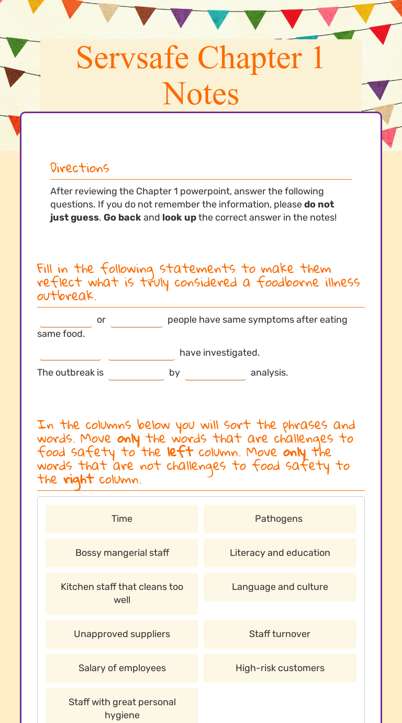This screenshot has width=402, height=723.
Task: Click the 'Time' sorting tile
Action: pyautogui.click(x=122, y=519)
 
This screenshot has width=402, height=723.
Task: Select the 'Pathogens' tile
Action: pyautogui.click(x=280, y=519)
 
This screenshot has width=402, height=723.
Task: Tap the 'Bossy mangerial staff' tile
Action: pyautogui.click(x=122, y=553)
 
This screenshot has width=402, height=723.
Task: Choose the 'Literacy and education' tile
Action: pyautogui.click(x=280, y=553)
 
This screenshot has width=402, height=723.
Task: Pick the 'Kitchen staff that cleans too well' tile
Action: pyautogui.click(x=122, y=593)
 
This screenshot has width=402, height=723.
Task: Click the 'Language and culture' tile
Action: pyautogui.click(x=280, y=587)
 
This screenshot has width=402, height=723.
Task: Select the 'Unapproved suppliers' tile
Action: pyautogui.click(x=122, y=634)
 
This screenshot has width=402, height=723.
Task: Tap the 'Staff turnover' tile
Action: pyautogui.click(x=280, y=634)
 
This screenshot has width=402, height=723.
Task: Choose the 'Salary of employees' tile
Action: pyautogui.click(x=122, y=668)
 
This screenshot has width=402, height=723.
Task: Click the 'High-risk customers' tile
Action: pyautogui.click(x=280, y=668)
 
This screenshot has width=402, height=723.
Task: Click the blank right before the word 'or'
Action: pyautogui.click(x=66, y=320)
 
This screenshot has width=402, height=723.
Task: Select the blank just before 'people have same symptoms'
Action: pyautogui.click(x=137, y=320)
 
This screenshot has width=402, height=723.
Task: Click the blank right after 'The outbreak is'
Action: pyautogui.click(x=136, y=373)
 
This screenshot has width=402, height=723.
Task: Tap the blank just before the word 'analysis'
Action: pyautogui.click(x=215, y=373)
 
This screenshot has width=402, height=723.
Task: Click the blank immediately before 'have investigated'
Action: pyautogui.click(x=141, y=353)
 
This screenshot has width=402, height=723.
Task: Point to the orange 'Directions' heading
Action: pyautogui.click(x=80, y=168)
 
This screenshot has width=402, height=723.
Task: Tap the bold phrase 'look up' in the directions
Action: pyautogui.click(x=179, y=217)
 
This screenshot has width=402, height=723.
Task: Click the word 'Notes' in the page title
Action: pyautogui.click(x=201, y=94)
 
